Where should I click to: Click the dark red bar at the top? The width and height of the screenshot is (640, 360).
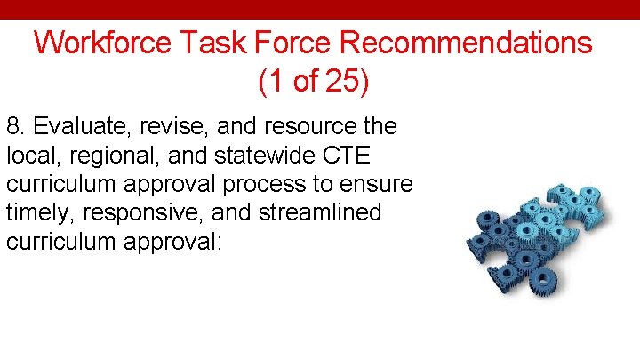(x=320, y=9)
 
